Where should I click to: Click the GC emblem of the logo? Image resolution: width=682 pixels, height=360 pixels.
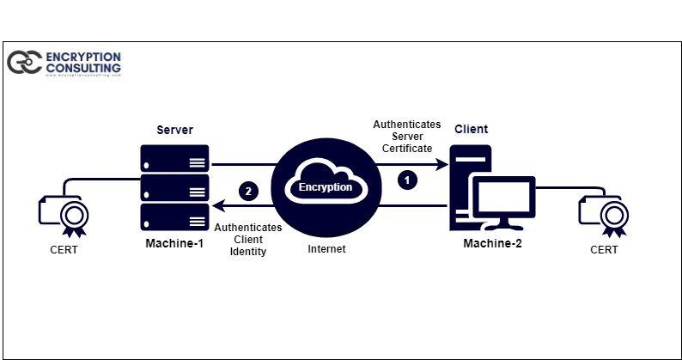(x=24, y=62)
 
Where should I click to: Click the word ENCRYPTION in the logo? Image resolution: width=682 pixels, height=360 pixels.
(x=83, y=57)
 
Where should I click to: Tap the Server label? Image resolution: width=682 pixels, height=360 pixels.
(x=174, y=130)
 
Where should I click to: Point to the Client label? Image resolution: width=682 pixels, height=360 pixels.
(x=471, y=130)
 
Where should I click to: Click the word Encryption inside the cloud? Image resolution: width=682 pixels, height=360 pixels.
(x=326, y=186)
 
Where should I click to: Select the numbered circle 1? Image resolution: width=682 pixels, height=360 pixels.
(x=408, y=180)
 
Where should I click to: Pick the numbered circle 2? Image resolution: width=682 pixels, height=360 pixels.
(x=248, y=191)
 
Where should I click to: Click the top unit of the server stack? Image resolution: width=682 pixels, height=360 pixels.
(x=175, y=156)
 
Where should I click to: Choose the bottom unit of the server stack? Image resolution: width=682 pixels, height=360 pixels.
(x=175, y=217)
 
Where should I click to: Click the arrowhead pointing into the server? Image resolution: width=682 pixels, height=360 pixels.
(x=216, y=206)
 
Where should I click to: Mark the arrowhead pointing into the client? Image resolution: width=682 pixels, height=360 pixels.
(x=443, y=163)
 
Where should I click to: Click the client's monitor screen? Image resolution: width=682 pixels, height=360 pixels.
(x=505, y=197)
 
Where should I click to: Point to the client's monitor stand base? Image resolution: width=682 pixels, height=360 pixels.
(x=505, y=228)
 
